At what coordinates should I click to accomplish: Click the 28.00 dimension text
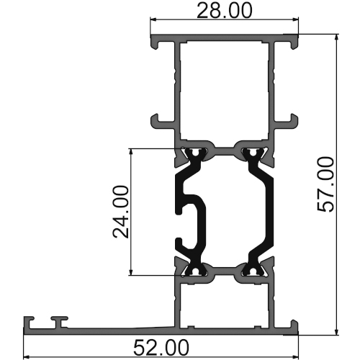(x=225, y=12)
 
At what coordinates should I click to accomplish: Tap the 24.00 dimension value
(x=120, y=212)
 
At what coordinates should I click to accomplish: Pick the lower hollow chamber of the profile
(x=225, y=302)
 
